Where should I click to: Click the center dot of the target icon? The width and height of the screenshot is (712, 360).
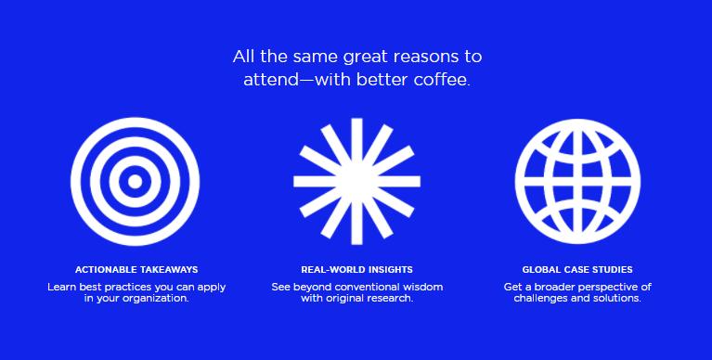(x=136, y=180)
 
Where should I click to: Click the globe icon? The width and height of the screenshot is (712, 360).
(x=577, y=180)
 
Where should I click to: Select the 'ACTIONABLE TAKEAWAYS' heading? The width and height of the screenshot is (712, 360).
(x=136, y=269)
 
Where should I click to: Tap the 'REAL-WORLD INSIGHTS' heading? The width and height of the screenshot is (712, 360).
(x=356, y=269)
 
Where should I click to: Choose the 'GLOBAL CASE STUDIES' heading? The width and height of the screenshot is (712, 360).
(x=577, y=269)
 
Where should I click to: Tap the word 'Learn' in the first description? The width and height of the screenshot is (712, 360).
(x=63, y=287)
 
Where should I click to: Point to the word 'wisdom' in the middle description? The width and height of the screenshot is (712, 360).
(x=420, y=287)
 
